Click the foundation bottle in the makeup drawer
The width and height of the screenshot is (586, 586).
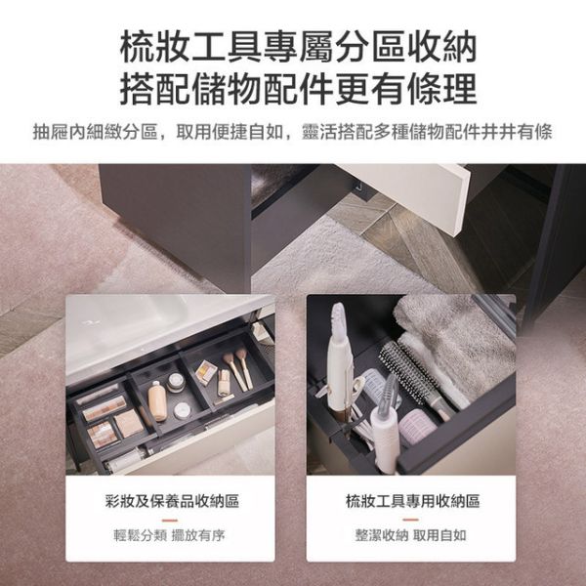(157, 401)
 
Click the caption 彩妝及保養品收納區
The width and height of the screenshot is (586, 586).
(172, 501)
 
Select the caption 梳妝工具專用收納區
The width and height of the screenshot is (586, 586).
(412, 501)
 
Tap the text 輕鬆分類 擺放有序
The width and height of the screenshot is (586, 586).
(172, 535)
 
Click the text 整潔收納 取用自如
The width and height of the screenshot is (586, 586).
(411, 535)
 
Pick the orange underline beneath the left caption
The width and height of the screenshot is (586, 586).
(172, 519)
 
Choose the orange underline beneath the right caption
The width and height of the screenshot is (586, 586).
(411, 519)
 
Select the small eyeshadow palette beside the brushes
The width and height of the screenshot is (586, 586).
(207, 370)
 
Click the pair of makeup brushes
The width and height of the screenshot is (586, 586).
(237, 368)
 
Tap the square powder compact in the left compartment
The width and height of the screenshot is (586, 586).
(128, 423)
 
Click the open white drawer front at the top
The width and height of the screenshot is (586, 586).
(410, 190)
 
